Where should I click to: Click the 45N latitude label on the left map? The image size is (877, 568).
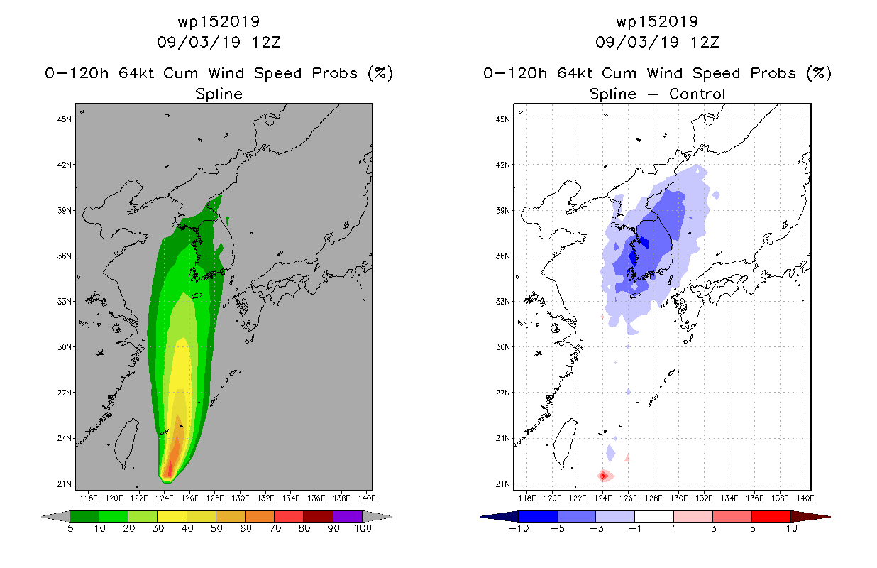(x=64, y=119)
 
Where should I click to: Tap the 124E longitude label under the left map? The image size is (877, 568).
(x=165, y=498)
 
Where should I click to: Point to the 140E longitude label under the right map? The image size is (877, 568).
(x=805, y=498)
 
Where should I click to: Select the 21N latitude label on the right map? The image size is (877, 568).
(x=502, y=484)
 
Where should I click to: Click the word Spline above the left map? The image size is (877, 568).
(x=219, y=94)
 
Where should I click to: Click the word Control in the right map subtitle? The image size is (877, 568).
(x=697, y=94)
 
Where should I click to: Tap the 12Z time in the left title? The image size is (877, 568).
(x=266, y=43)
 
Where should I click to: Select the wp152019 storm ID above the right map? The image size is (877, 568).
(x=657, y=21)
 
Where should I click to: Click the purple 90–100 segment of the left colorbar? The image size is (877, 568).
(x=348, y=516)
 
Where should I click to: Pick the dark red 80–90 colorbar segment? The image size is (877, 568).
(x=319, y=516)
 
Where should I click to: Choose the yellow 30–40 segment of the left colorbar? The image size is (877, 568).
(x=172, y=516)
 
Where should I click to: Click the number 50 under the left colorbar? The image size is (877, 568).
(x=216, y=528)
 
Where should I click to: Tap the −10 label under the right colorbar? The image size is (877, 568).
(x=519, y=528)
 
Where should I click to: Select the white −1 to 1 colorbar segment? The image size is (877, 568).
(x=653, y=516)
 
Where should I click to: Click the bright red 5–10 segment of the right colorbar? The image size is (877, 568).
(x=771, y=516)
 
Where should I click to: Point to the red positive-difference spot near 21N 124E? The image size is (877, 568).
(x=603, y=476)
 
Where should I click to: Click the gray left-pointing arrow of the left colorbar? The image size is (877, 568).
(x=55, y=516)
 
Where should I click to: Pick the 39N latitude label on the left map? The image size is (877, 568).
(x=64, y=210)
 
